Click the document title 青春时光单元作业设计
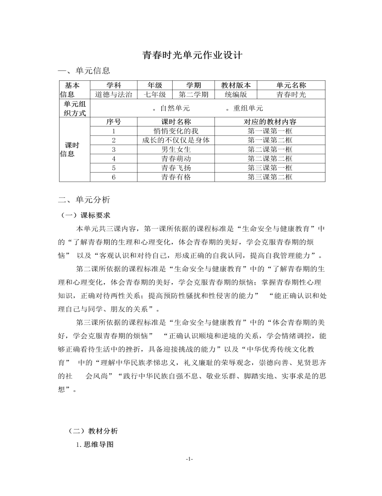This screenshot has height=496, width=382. click(191, 55)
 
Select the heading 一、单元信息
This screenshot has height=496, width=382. click(84, 71)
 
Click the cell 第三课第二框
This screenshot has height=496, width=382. click(270, 177)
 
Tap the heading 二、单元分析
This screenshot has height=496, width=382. click(84, 200)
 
